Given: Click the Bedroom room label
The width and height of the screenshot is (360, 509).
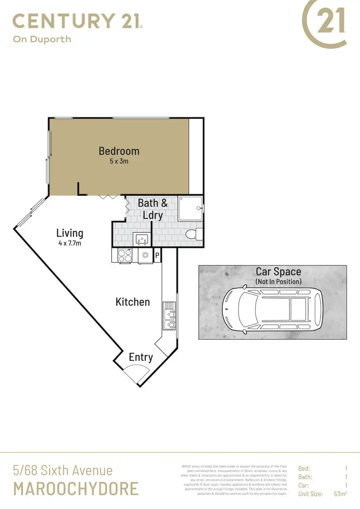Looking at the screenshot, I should pyautogui.click(x=119, y=151).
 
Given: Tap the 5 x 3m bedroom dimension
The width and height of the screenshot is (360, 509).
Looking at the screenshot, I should pyautogui.click(x=119, y=162).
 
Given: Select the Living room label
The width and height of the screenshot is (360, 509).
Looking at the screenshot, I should pyautogui.click(x=70, y=234).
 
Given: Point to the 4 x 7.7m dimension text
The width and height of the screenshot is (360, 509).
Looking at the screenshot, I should pyautogui.click(x=70, y=244).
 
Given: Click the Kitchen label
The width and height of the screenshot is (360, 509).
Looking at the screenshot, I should pyautogui.click(x=132, y=302).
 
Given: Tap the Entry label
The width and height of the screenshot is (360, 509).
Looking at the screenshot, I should pyautogui.click(x=141, y=357).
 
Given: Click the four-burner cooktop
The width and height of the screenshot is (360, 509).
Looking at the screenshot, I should pyautogui.click(x=125, y=256).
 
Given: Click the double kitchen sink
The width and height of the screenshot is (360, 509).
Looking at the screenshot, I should pyautogui.click(x=170, y=316).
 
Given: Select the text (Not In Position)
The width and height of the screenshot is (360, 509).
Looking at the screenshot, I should pyautogui.click(x=278, y=282).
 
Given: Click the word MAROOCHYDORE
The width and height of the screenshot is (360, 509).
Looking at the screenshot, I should pyautogui.click(x=76, y=488).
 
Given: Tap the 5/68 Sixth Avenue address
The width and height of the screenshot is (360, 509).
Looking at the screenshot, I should pyautogui.click(x=62, y=471).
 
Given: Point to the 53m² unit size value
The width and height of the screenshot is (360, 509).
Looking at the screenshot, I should pyautogui.click(x=340, y=494).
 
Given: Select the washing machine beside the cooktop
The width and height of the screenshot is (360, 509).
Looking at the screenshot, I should pyautogui.click(x=145, y=256).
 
